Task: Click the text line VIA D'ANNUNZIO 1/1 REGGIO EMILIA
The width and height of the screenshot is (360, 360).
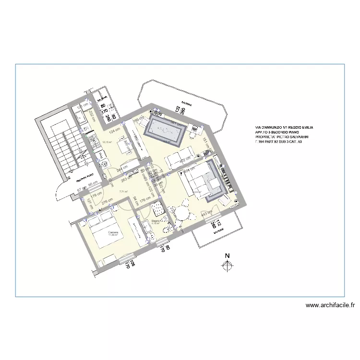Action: pyautogui.click(x=284, y=127)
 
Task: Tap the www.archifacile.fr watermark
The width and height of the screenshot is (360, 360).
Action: pyautogui.click(x=330, y=305)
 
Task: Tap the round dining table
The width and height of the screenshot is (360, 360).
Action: pyautogui.click(x=183, y=212)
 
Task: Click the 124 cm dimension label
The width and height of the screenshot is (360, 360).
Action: pyautogui.click(x=114, y=131)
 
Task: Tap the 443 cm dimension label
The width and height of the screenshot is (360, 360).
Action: pyautogui.click(x=207, y=213)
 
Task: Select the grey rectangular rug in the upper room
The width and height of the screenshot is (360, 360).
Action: pyautogui.click(x=166, y=132)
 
